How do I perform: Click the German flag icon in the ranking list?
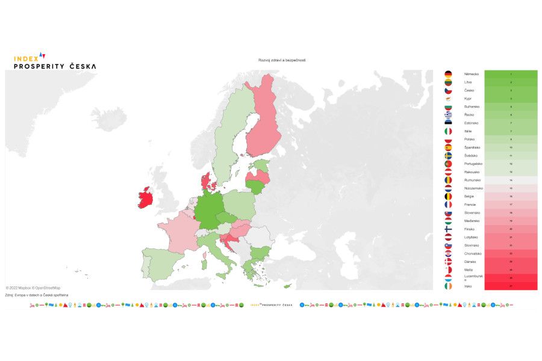pyautogui.click(x=448, y=74)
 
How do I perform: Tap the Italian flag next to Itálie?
pyautogui.click(x=448, y=131)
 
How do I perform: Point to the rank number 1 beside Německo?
pyautogui.click(x=511, y=74)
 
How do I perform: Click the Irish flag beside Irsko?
pyautogui.click(x=448, y=286)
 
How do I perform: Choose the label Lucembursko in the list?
pyautogui.click(x=473, y=278)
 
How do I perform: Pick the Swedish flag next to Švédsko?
pyautogui.click(x=448, y=156)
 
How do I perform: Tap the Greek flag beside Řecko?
pyautogui.click(x=448, y=115)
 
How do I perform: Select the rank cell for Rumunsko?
pyautogui.click(x=511, y=180)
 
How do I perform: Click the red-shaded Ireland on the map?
pyautogui.click(x=145, y=197)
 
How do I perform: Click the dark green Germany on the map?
pyautogui.click(x=208, y=211)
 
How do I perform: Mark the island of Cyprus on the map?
pyautogui.click(x=288, y=285)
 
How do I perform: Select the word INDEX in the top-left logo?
pyautogui.click(x=25, y=58)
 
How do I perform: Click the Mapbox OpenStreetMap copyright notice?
pyautogui.click(x=33, y=288)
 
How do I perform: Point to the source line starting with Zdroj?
pyautogui.click(x=36, y=295)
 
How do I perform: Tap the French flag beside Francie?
pyautogui.click(x=448, y=205)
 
